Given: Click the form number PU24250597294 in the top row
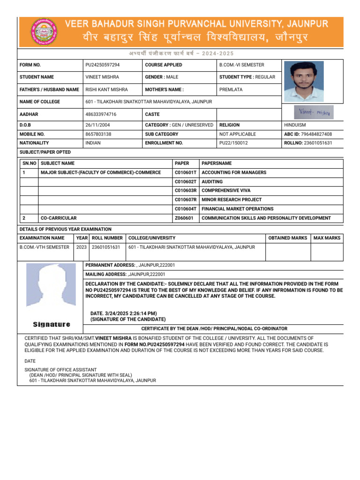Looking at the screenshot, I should pos(105,65).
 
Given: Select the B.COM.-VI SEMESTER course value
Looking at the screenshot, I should pos(242,65).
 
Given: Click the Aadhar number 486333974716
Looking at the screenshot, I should pos(101,114).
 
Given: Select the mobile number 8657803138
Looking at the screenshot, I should pos(99,134).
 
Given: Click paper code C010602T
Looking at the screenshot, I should pos(186,182).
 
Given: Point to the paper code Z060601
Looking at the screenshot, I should pos(184,218).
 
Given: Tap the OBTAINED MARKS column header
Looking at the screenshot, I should pos(287,238).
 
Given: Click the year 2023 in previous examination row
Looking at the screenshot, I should pos(81,247).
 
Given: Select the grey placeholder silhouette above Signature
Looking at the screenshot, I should pos(51,285).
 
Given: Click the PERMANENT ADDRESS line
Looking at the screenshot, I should pos(130,265).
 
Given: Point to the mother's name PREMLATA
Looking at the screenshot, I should pos(231,89).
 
